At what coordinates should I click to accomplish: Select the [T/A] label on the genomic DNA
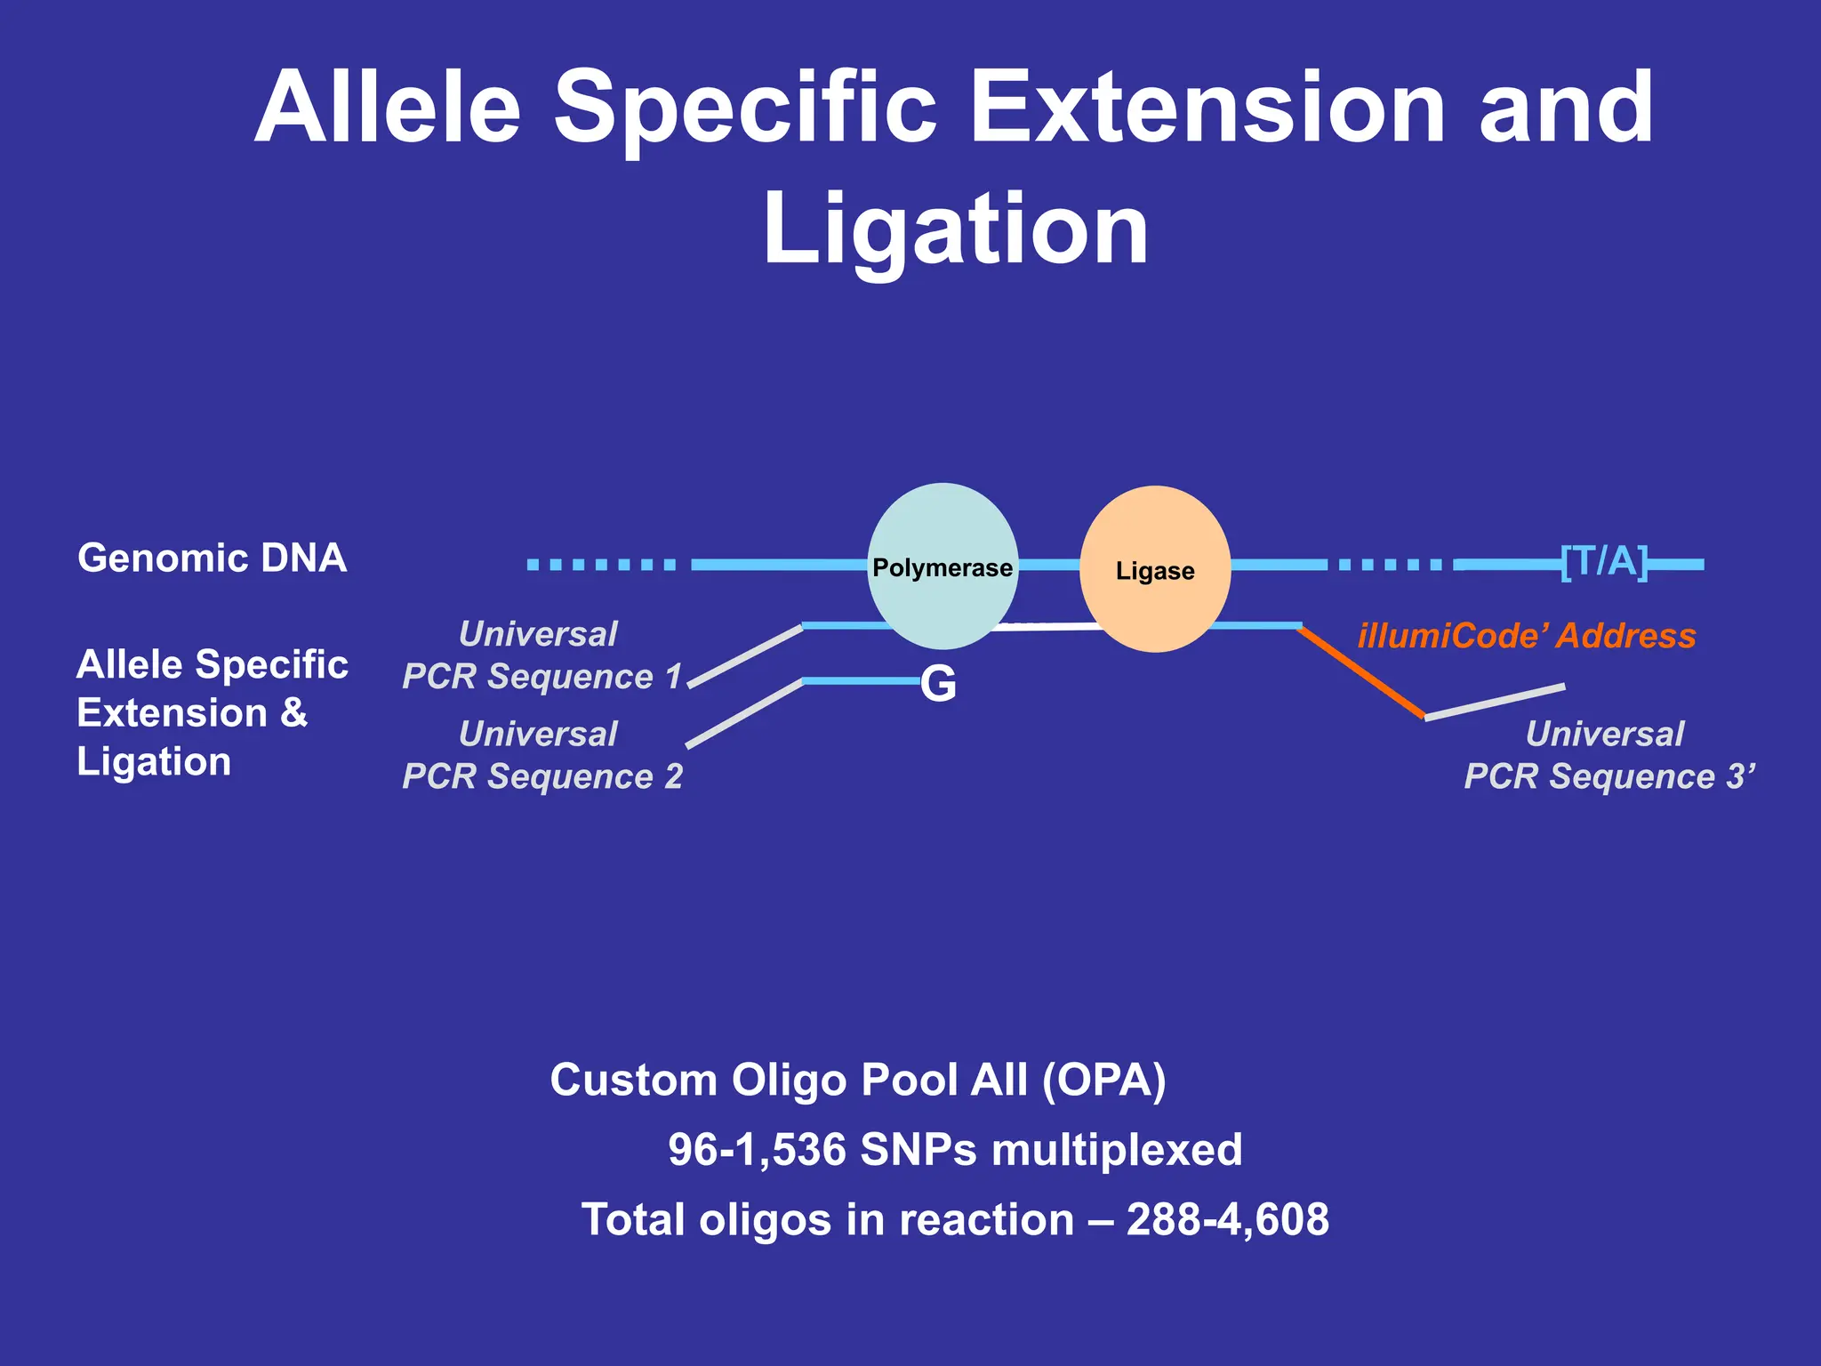pyautogui.click(x=1604, y=562)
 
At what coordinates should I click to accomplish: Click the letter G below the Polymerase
pyautogui.click(x=939, y=684)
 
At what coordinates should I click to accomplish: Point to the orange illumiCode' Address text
pyautogui.click(x=1526, y=636)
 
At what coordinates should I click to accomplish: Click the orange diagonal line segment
pyautogui.click(x=1361, y=672)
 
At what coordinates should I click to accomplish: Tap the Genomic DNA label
pyautogui.click(x=212, y=558)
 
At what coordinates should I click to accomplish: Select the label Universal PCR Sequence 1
pyautogui.click(x=541, y=655)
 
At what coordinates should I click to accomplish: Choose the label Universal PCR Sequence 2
pyautogui.click(x=541, y=755)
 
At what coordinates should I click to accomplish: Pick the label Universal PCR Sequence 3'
pyautogui.click(x=1608, y=755)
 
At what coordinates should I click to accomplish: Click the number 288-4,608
pyautogui.click(x=1227, y=1218)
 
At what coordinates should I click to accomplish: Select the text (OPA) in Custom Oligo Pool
pyautogui.click(x=1103, y=1080)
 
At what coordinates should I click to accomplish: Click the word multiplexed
pyautogui.click(x=1117, y=1149)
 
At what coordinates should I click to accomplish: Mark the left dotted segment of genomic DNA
pyautogui.click(x=601, y=564)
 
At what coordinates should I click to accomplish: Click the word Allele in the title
pyautogui.click(x=387, y=108)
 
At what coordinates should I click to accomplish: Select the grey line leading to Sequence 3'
pyautogui.click(x=1495, y=702)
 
